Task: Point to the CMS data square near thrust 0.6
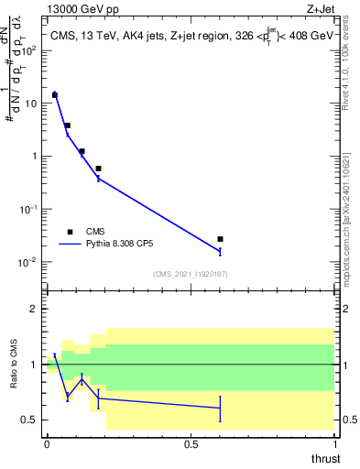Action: tap(220, 239)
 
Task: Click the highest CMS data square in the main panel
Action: tap(55, 94)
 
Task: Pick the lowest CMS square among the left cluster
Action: tap(98, 169)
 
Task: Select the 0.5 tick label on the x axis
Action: tap(191, 444)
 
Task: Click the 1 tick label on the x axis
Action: tap(334, 444)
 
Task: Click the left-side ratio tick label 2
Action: tap(38, 309)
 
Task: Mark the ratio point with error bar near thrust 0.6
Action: tap(220, 408)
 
